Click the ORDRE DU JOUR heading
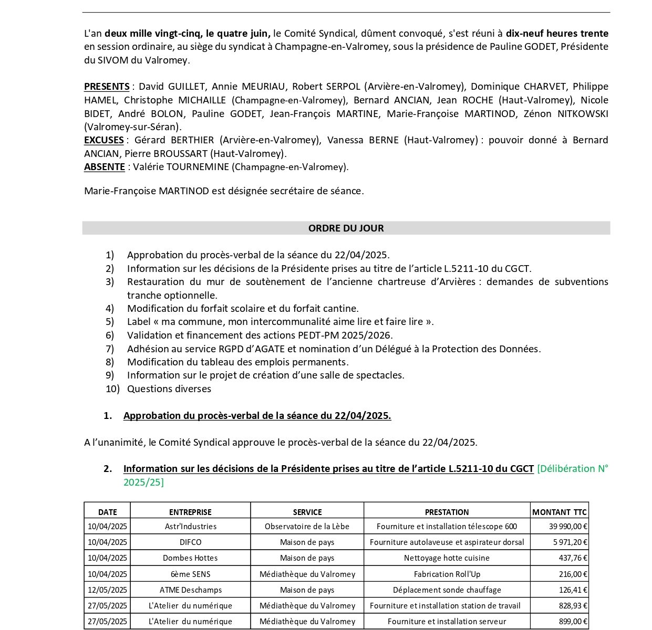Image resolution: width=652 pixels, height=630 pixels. click(346, 228)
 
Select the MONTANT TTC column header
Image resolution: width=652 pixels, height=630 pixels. click(560, 512)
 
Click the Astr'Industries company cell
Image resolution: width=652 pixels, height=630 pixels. click(190, 526)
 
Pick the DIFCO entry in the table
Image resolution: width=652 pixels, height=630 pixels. click(190, 542)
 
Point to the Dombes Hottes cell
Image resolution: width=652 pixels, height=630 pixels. click(190, 558)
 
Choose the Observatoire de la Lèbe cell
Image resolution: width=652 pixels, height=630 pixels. click(307, 526)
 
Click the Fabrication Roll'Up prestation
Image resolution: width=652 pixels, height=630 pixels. click(447, 574)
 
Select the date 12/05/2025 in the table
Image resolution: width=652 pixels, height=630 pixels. click(107, 590)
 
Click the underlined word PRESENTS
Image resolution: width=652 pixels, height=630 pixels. click(107, 87)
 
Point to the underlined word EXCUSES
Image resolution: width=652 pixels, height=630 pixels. click(104, 140)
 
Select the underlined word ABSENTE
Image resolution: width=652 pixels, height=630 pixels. click(104, 167)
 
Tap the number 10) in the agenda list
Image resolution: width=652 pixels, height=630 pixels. click(112, 389)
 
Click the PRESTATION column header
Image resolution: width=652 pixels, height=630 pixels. click(447, 512)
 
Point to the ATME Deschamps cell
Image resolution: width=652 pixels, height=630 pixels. click(190, 590)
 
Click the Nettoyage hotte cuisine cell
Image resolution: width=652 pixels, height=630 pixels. click(447, 558)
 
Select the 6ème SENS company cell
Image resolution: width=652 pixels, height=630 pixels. click(190, 574)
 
